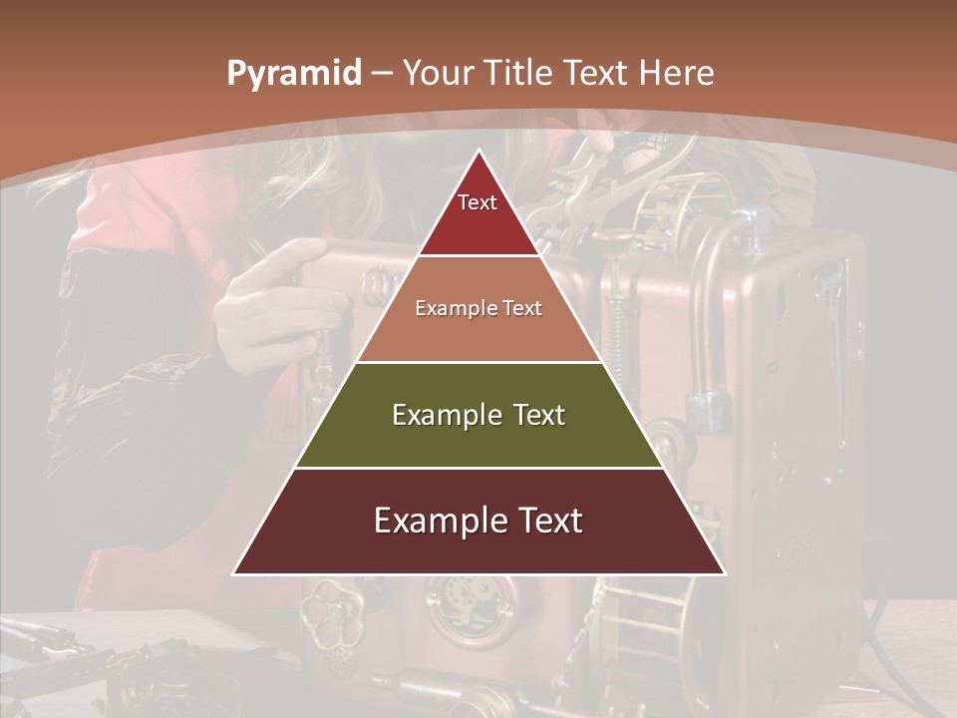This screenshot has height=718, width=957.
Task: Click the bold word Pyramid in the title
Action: (x=294, y=73)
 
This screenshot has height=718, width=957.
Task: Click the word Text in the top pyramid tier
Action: (x=477, y=202)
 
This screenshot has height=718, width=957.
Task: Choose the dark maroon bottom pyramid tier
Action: (x=478, y=548)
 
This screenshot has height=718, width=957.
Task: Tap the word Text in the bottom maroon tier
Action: (x=547, y=521)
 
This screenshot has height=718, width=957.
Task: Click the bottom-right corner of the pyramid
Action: (x=724, y=573)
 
